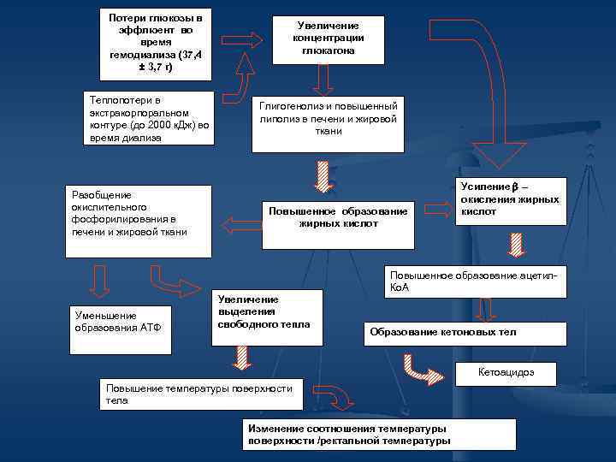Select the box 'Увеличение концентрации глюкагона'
coord(329,39)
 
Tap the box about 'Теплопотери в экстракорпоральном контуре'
coord(150,118)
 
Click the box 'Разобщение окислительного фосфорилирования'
coord(139,221)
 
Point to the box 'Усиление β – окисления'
coord(511,201)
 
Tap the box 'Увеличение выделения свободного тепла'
coord(266,316)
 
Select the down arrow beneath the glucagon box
coord(323,80)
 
